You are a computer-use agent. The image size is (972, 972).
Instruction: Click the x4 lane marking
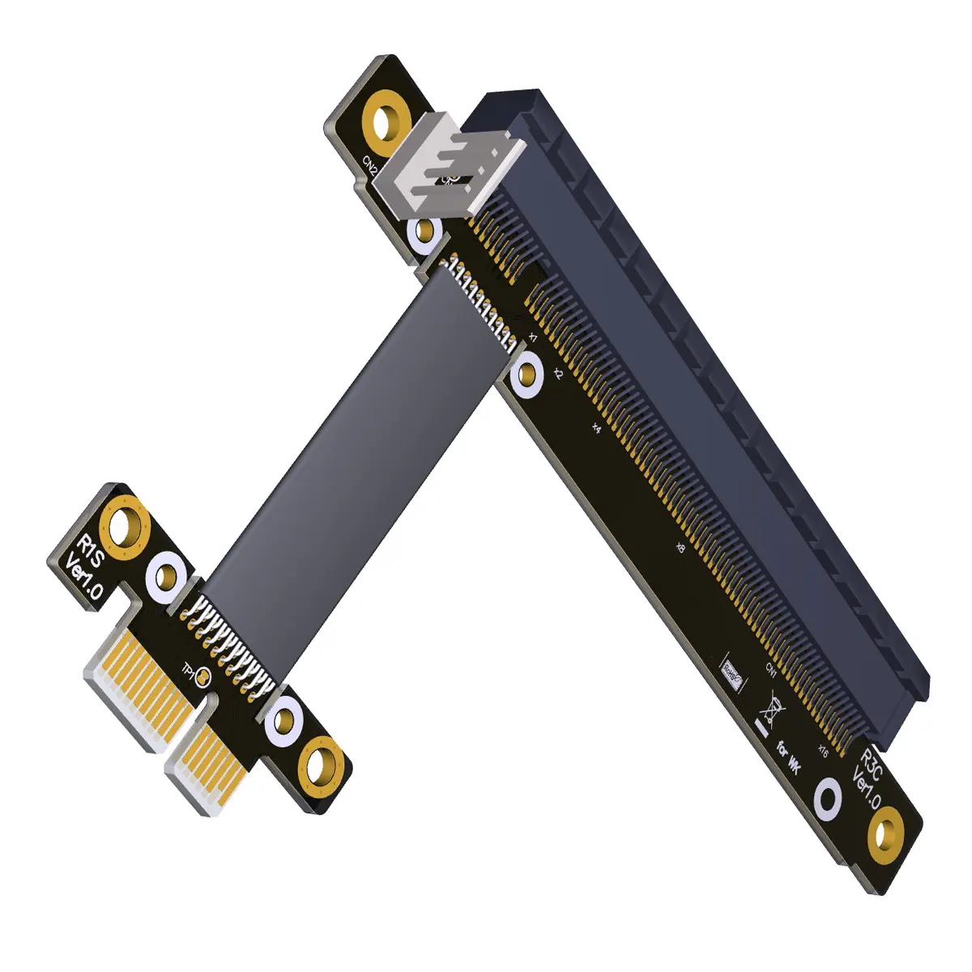[596, 427]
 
